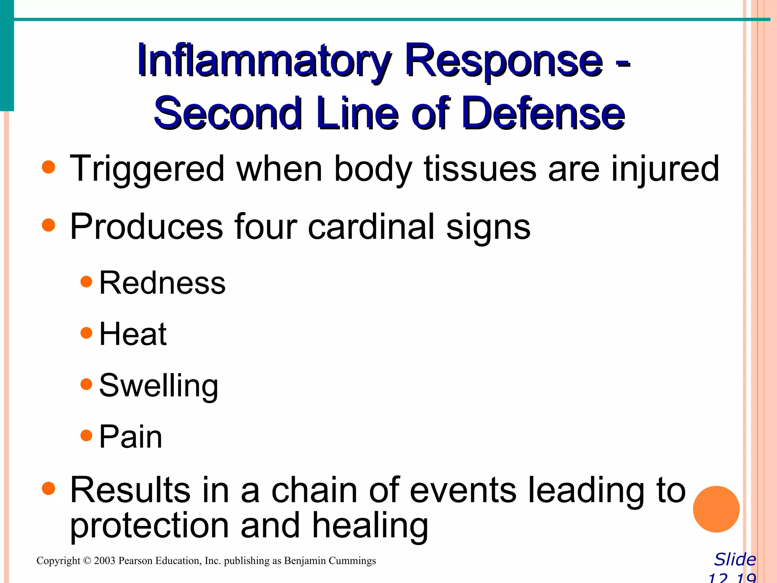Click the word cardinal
click(x=371, y=227)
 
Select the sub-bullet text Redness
click(x=162, y=283)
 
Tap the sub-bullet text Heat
click(x=133, y=334)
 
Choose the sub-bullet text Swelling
click(x=159, y=386)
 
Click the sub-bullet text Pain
click(x=131, y=436)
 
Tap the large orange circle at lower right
click(x=716, y=509)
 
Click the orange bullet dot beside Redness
click(x=87, y=282)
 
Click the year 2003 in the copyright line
click(x=104, y=561)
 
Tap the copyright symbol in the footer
click(x=87, y=561)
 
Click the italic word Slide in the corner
click(x=735, y=559)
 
